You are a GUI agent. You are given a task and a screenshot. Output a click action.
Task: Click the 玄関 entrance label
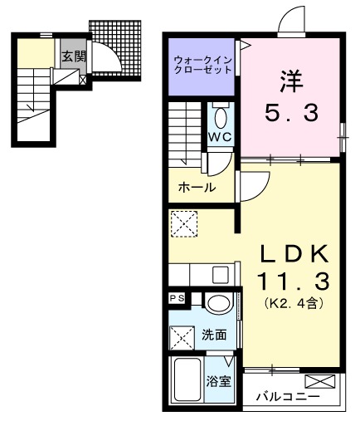(x=71, y=57)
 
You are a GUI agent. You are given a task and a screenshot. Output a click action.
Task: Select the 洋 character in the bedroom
(x=291, y=81)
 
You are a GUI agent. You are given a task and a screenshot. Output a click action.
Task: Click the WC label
(x=220, y=136)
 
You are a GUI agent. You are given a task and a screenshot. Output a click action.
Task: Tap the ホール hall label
(x=197, y=188)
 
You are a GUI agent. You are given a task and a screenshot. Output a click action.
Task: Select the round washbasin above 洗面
(x=219, y=303)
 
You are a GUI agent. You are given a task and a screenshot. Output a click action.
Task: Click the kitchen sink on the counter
(x=221, y=275)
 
